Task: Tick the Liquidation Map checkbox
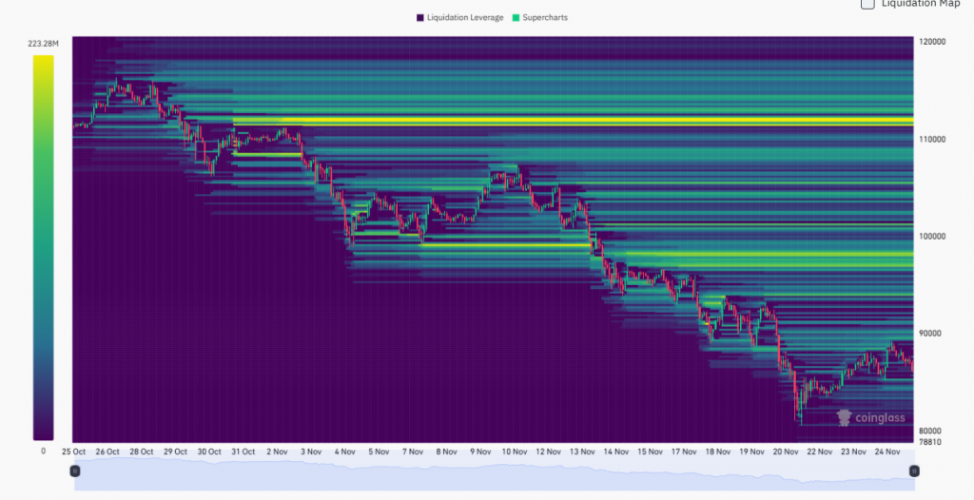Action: tap(867, 4)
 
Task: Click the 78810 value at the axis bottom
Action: tap(930, 442)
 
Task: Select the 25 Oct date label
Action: tap(74, 452)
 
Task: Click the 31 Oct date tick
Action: tap(243, 452)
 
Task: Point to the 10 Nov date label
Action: tap(515, 452)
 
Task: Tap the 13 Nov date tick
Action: tap(582, 452)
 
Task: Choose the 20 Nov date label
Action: tap(786, 452)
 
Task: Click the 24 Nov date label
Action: tap(886, 452)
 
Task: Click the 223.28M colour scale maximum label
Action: tap(44, 44)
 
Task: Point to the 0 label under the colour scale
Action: tap(43, 451)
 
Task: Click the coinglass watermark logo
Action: tap(869, 417)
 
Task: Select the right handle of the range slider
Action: tap(914, 471)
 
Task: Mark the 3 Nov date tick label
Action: tap(311, 452)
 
